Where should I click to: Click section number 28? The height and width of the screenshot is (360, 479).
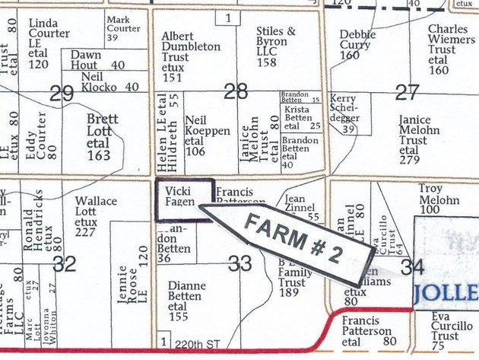coord(236,92)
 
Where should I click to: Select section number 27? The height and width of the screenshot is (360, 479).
coord(408,92)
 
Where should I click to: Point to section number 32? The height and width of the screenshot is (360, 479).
coord(65,263)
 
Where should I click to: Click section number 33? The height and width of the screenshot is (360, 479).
coord(239,263)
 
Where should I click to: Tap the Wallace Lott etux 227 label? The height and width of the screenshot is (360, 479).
coord(97,216)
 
